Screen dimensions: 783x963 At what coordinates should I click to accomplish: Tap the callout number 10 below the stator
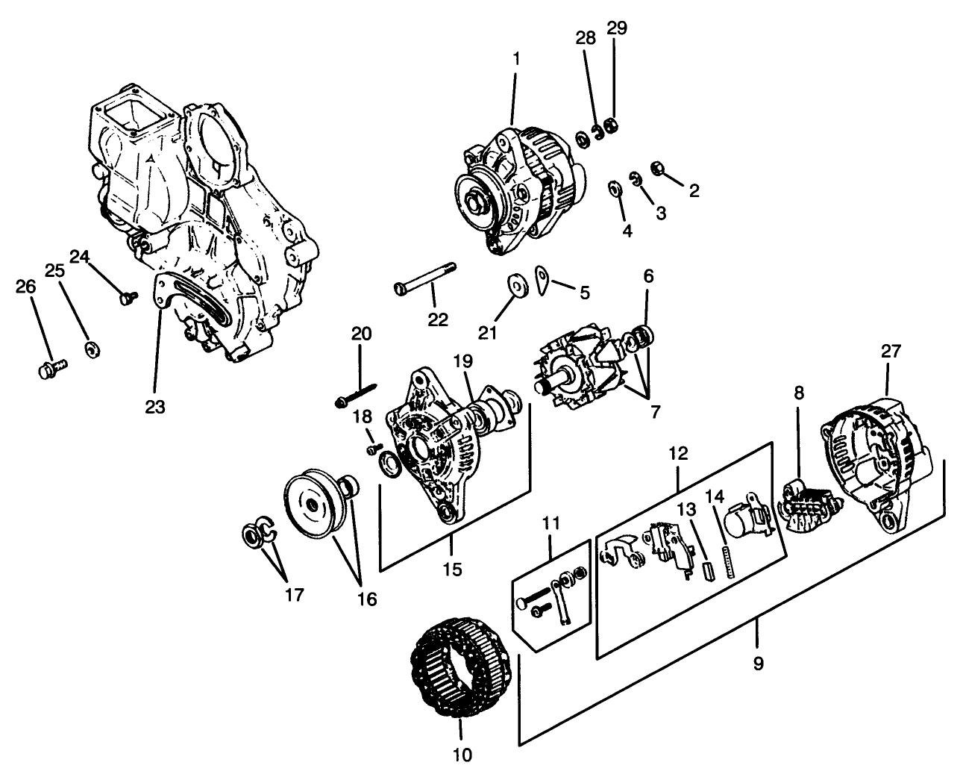click(x=462, y=755)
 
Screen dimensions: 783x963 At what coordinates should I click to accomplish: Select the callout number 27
click(x=891, y=352)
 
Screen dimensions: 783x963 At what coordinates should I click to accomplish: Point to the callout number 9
click(x=758, y=663)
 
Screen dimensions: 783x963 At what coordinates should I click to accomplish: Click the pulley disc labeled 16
click(x=309, y=504)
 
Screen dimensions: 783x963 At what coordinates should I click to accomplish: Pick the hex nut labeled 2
click(x=659, y=167)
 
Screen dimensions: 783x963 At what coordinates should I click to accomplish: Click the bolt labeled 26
click(x=51, y=368)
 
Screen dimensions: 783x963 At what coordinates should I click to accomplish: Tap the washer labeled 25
click(x=93, y=349)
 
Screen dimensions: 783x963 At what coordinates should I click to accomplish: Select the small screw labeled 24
click(x=126, y=298)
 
